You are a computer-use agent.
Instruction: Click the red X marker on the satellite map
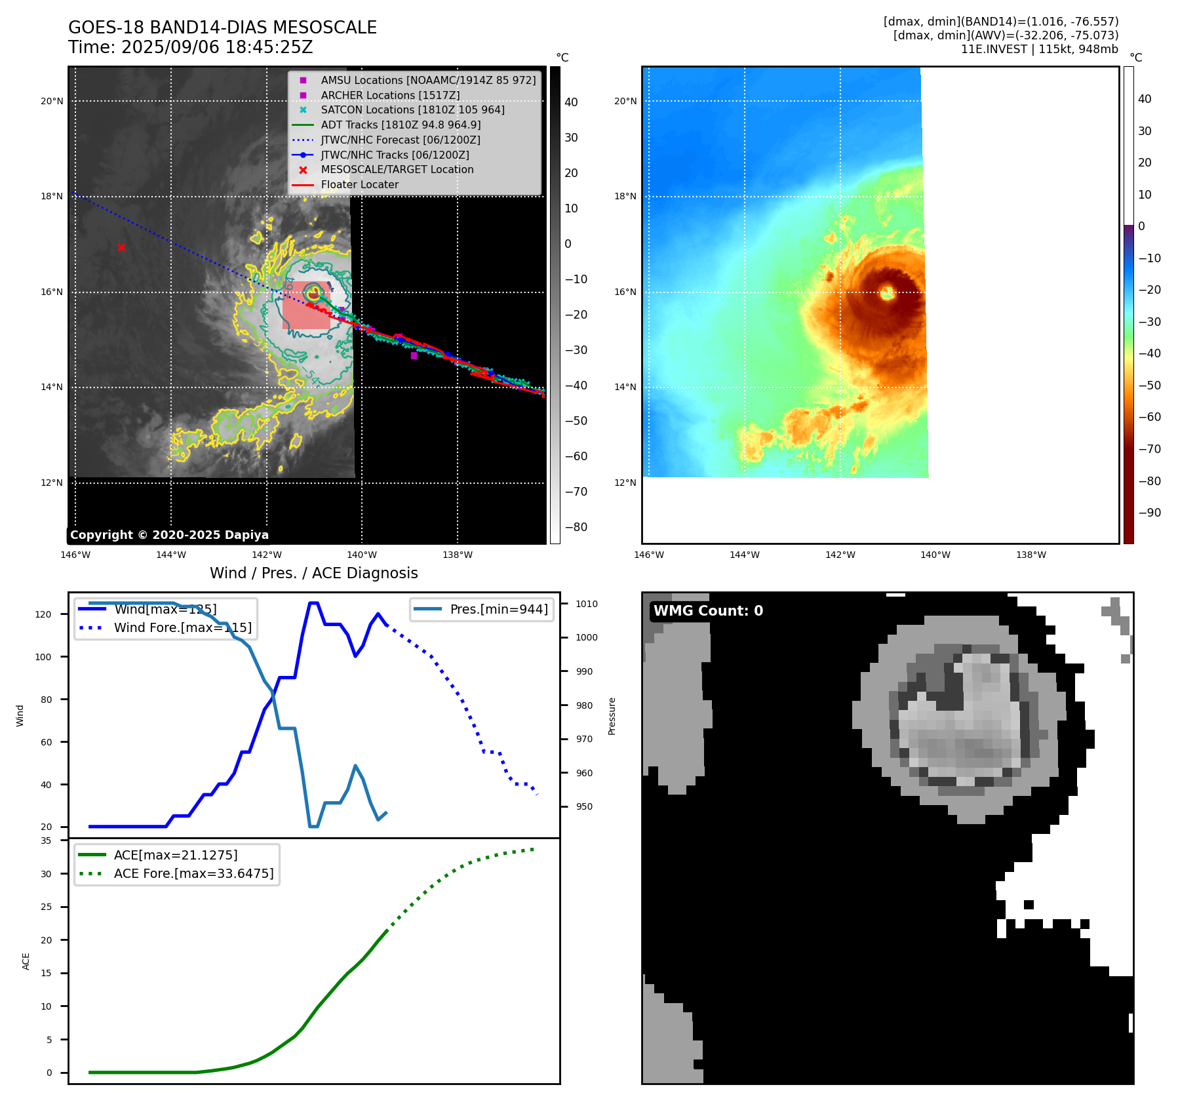point(121,247)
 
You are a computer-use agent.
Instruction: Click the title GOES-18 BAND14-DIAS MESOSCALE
point(222,28)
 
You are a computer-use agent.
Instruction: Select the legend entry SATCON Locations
point(412,109)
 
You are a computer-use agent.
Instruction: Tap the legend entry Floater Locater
point(359,184)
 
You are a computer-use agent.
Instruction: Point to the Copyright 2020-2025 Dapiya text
point(169,535)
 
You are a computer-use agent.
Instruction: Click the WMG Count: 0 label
point(708,610)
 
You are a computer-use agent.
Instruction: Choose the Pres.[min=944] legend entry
point(498,609)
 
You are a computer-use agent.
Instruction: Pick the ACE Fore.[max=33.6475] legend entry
point(193,873)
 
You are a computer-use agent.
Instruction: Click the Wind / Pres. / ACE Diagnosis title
point(313,573)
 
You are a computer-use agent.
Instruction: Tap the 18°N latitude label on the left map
point(52,196)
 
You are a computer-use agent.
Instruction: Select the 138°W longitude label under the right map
point(1031,555)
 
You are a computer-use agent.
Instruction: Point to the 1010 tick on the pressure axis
point(587,604)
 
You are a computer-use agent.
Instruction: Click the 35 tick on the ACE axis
point(46,841)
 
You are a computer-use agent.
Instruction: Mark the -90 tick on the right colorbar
point(1149,513)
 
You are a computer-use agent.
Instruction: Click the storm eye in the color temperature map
point(888,292)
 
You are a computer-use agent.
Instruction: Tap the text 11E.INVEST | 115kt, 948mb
point(1039,49)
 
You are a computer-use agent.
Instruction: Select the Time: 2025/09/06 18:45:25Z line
point(190,47)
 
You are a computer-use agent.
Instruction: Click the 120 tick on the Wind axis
point(43,614)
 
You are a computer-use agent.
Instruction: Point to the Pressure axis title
point(612,716)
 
